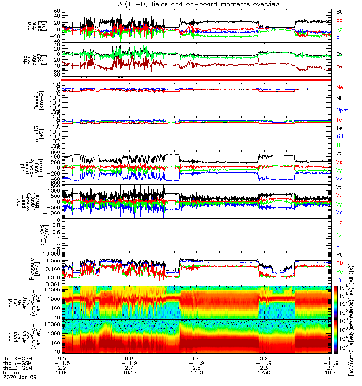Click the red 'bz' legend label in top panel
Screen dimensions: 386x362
point(339,19)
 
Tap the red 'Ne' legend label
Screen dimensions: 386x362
point(339,87)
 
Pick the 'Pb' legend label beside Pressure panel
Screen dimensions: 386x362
point(339,263)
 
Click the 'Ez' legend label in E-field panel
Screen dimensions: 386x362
point(339,222)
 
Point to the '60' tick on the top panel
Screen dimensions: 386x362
point(56,11)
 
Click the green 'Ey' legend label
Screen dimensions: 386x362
point(339,234)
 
